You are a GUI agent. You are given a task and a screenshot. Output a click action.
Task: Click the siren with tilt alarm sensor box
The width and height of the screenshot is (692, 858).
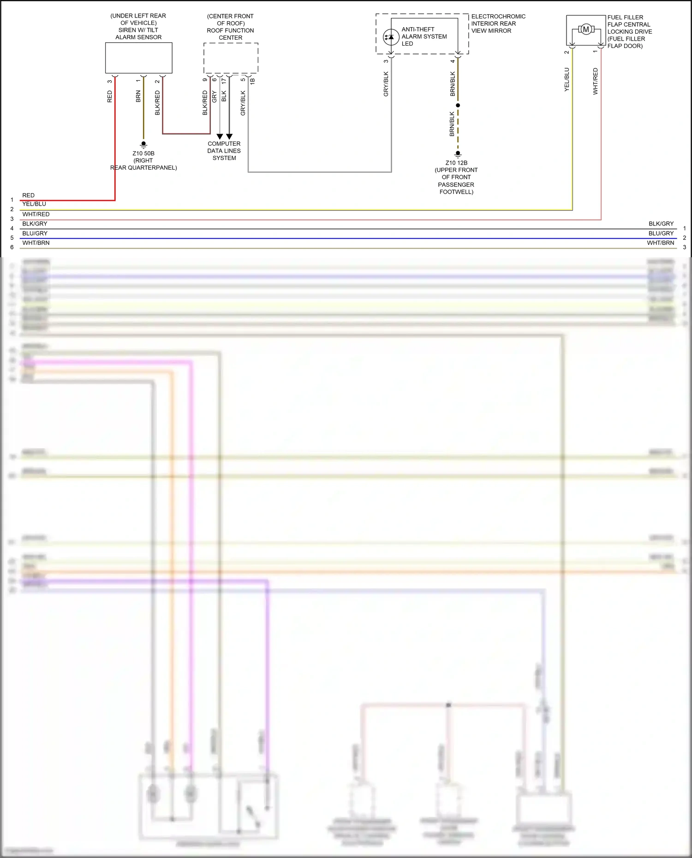point(138,58)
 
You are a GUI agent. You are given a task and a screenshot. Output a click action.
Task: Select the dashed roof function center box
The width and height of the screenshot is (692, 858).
point(231,58)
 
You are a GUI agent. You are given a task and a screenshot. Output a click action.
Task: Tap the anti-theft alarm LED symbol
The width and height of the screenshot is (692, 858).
point(391,37)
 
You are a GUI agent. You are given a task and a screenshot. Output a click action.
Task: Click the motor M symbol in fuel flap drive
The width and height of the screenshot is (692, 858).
point(586,30)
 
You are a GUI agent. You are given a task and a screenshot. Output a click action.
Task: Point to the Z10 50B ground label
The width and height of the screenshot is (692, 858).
point(143,154)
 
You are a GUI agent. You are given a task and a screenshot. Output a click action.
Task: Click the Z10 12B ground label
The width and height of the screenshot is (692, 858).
point(456,163)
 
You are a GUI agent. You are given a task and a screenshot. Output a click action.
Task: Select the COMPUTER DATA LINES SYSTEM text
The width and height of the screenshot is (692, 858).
point(224,151)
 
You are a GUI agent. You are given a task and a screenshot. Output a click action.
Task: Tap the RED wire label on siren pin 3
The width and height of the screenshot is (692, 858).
point(110,96)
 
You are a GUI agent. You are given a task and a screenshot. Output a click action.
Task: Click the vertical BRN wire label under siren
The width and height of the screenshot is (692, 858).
point(138,96)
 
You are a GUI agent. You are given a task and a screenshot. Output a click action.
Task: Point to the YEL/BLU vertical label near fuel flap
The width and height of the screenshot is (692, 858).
point(567,80)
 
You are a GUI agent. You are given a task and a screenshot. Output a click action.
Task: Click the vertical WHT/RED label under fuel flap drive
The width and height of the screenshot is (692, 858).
point(596,82)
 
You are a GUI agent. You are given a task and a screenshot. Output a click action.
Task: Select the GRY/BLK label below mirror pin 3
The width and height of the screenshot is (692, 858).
point(386,84)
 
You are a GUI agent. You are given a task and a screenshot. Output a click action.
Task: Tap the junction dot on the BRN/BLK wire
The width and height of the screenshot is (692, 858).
point(458,106)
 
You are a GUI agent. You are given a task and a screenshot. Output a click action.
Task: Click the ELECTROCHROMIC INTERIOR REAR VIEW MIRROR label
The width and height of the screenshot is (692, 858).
point(498,24)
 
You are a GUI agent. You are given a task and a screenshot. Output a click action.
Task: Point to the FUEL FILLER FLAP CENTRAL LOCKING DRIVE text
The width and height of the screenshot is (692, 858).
point(629,31)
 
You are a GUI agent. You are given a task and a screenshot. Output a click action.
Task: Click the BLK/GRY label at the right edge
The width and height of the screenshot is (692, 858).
point(661,224)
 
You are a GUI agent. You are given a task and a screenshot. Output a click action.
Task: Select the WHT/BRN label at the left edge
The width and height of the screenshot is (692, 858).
point(36,243)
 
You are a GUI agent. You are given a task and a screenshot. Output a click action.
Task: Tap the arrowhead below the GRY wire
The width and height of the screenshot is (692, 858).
point(220,136)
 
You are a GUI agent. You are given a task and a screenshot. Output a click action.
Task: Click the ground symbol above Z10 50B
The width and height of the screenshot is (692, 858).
point(143,145)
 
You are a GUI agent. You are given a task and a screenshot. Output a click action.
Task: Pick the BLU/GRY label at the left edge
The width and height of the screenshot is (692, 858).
point(35,233)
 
